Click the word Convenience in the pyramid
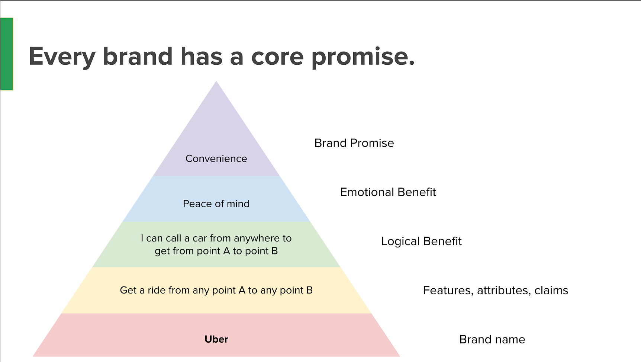coord(216,158)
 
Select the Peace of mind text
coord(216,204)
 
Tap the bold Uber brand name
coord(216,339)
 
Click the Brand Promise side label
coord(354,143)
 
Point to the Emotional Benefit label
coord(388,192)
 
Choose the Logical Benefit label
coord(421,241)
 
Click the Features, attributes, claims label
coord(496,290)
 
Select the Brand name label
coord(492,339)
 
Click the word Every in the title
coord(62,57)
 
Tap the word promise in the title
coord(363,57)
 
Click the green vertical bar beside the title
coord(7,54)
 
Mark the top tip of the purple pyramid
coord(216,81)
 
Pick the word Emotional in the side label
coord(367,192)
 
